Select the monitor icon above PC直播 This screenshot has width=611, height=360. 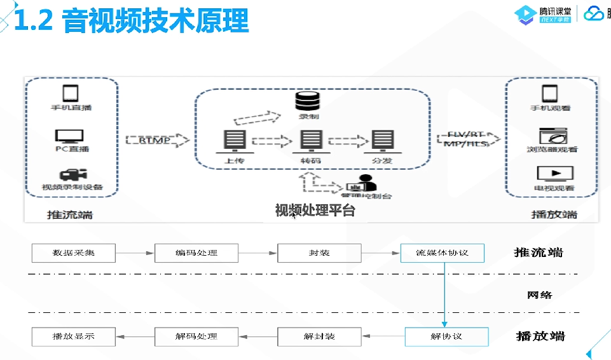tap(69, 136)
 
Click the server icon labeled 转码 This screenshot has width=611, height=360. tap(310, 141)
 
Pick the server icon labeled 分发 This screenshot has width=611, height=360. tap(382, 141)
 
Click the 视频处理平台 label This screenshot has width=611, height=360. tap(315, 211)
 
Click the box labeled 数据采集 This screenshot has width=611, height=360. tap(73, 253)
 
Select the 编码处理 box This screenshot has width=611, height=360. tap(196, 253)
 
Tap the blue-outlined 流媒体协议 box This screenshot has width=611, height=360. tap(442, 253)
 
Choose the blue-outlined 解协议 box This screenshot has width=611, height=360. tap(446, 336)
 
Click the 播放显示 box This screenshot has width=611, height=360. tap(73, 336)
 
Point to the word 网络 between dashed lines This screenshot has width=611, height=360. tap(539, 294)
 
